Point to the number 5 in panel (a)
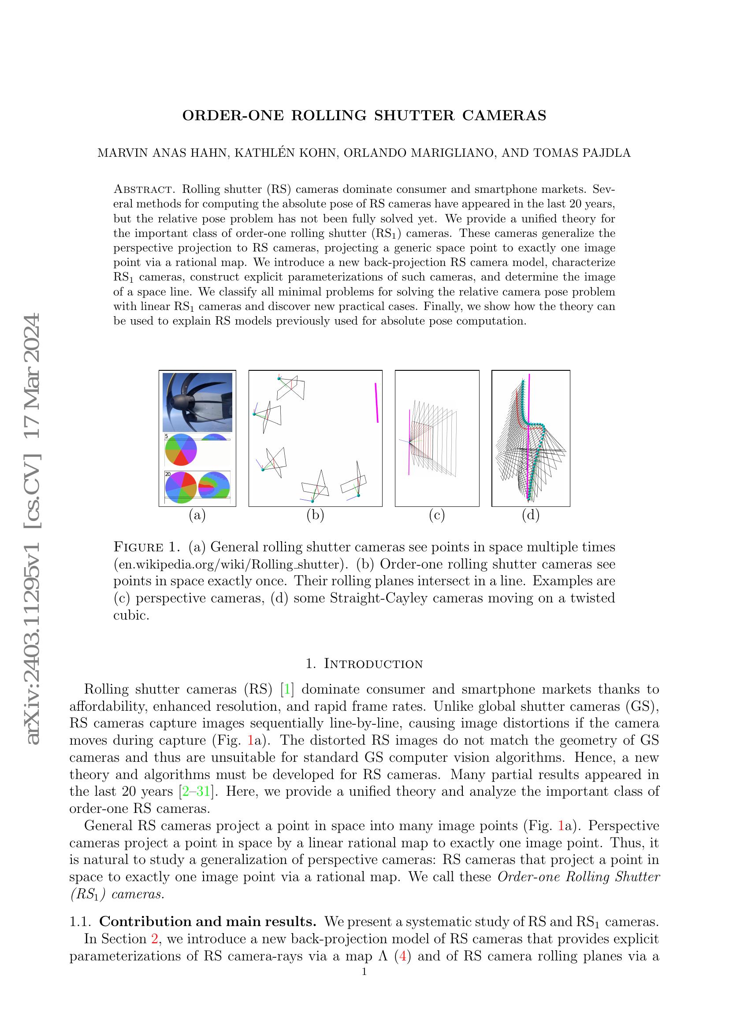(167, 436)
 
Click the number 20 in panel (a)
(167, 474)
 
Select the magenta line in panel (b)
(376, 402)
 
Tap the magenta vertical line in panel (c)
(409, 441)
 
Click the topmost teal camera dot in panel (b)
(279, 379)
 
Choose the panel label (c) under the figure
(437, 516)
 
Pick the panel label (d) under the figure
(531, 516)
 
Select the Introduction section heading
(364, 664)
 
